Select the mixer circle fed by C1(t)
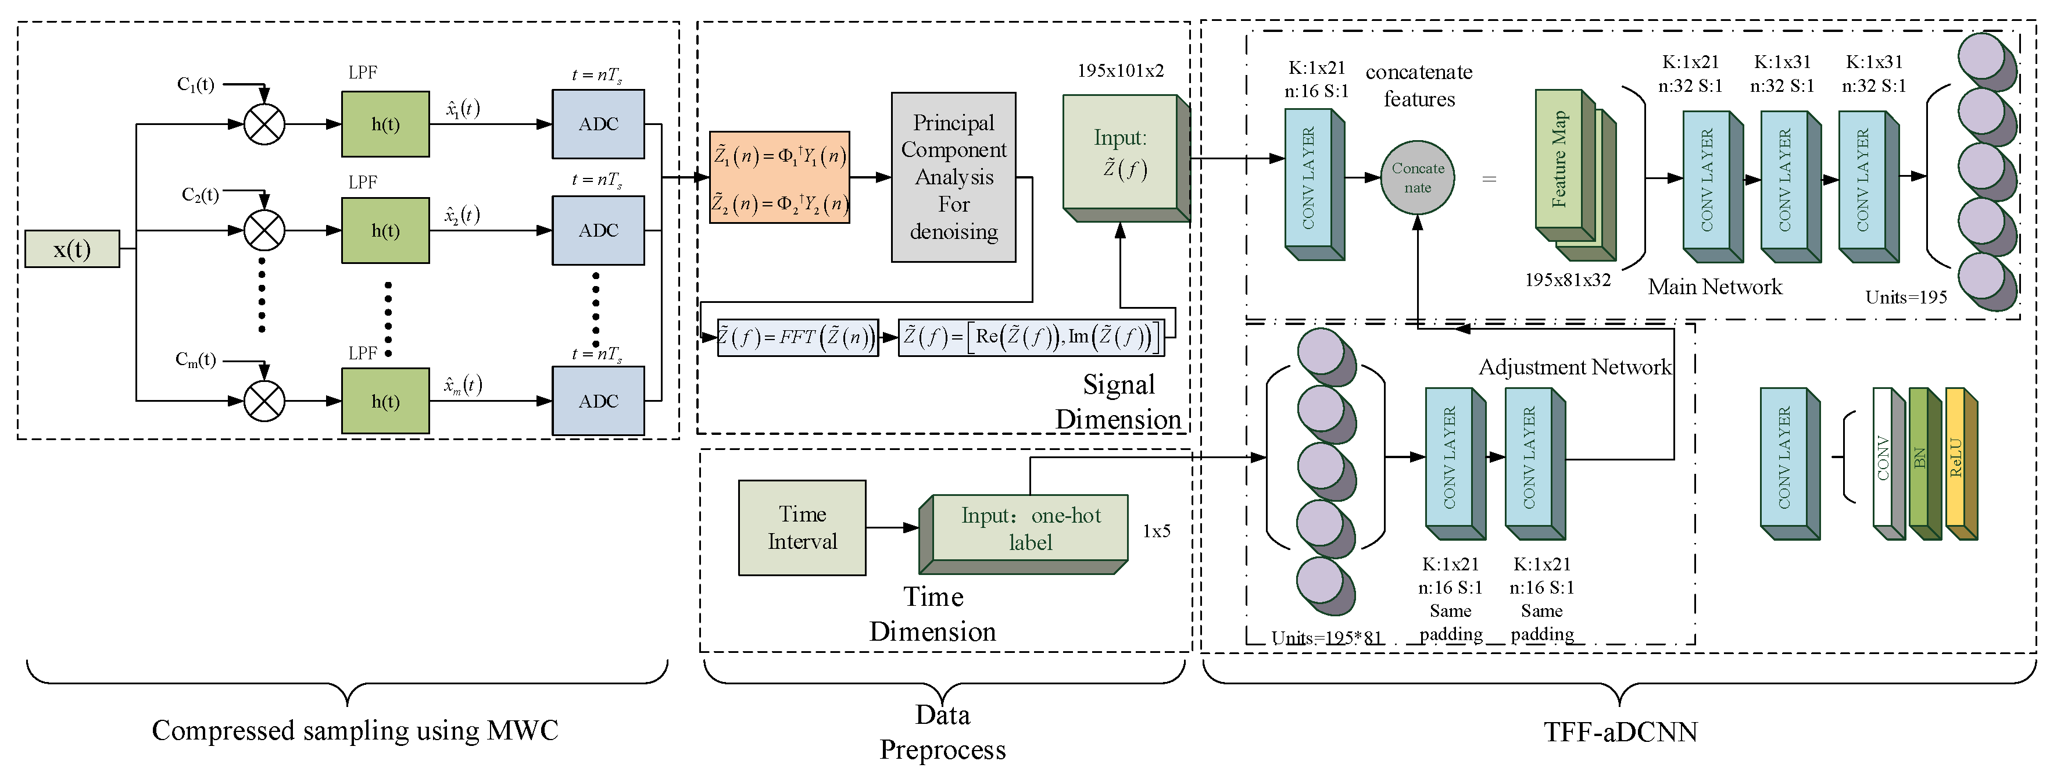(263, 124)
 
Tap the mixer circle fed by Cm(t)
(263, 400)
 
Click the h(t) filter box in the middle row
(385, 231)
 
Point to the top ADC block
(598, 124)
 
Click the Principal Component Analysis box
(953, 177)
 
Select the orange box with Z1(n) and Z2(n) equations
(779, 177)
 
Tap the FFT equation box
(797, 337)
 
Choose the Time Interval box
(802, 528)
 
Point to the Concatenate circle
(1418, 178)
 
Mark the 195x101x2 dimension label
(1120, 70)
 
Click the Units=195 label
(1906, 297)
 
